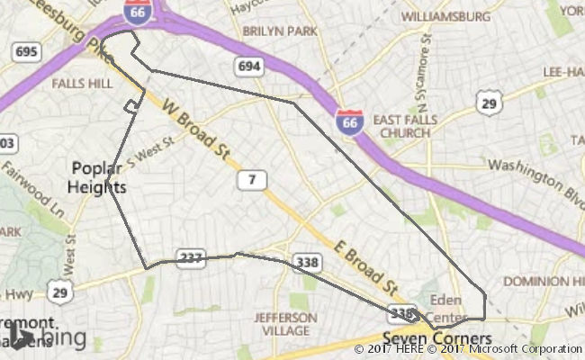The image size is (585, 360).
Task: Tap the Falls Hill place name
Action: click(82, 83)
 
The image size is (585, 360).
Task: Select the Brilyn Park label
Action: click(281, 31)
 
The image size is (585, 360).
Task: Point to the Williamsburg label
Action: click(445, 16)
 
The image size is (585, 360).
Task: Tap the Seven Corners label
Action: click(425, 338)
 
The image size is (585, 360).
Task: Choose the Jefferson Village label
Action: click(285, 323)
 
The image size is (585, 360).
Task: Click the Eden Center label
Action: click(445, 307)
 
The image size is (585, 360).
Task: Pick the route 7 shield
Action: click(252, 181)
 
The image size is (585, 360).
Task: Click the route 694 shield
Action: click(249, 65)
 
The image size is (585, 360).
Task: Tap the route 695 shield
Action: click(26, 51)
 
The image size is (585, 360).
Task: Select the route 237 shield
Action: click(190, 258)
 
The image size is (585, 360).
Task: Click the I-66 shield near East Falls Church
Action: click(350, 120)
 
